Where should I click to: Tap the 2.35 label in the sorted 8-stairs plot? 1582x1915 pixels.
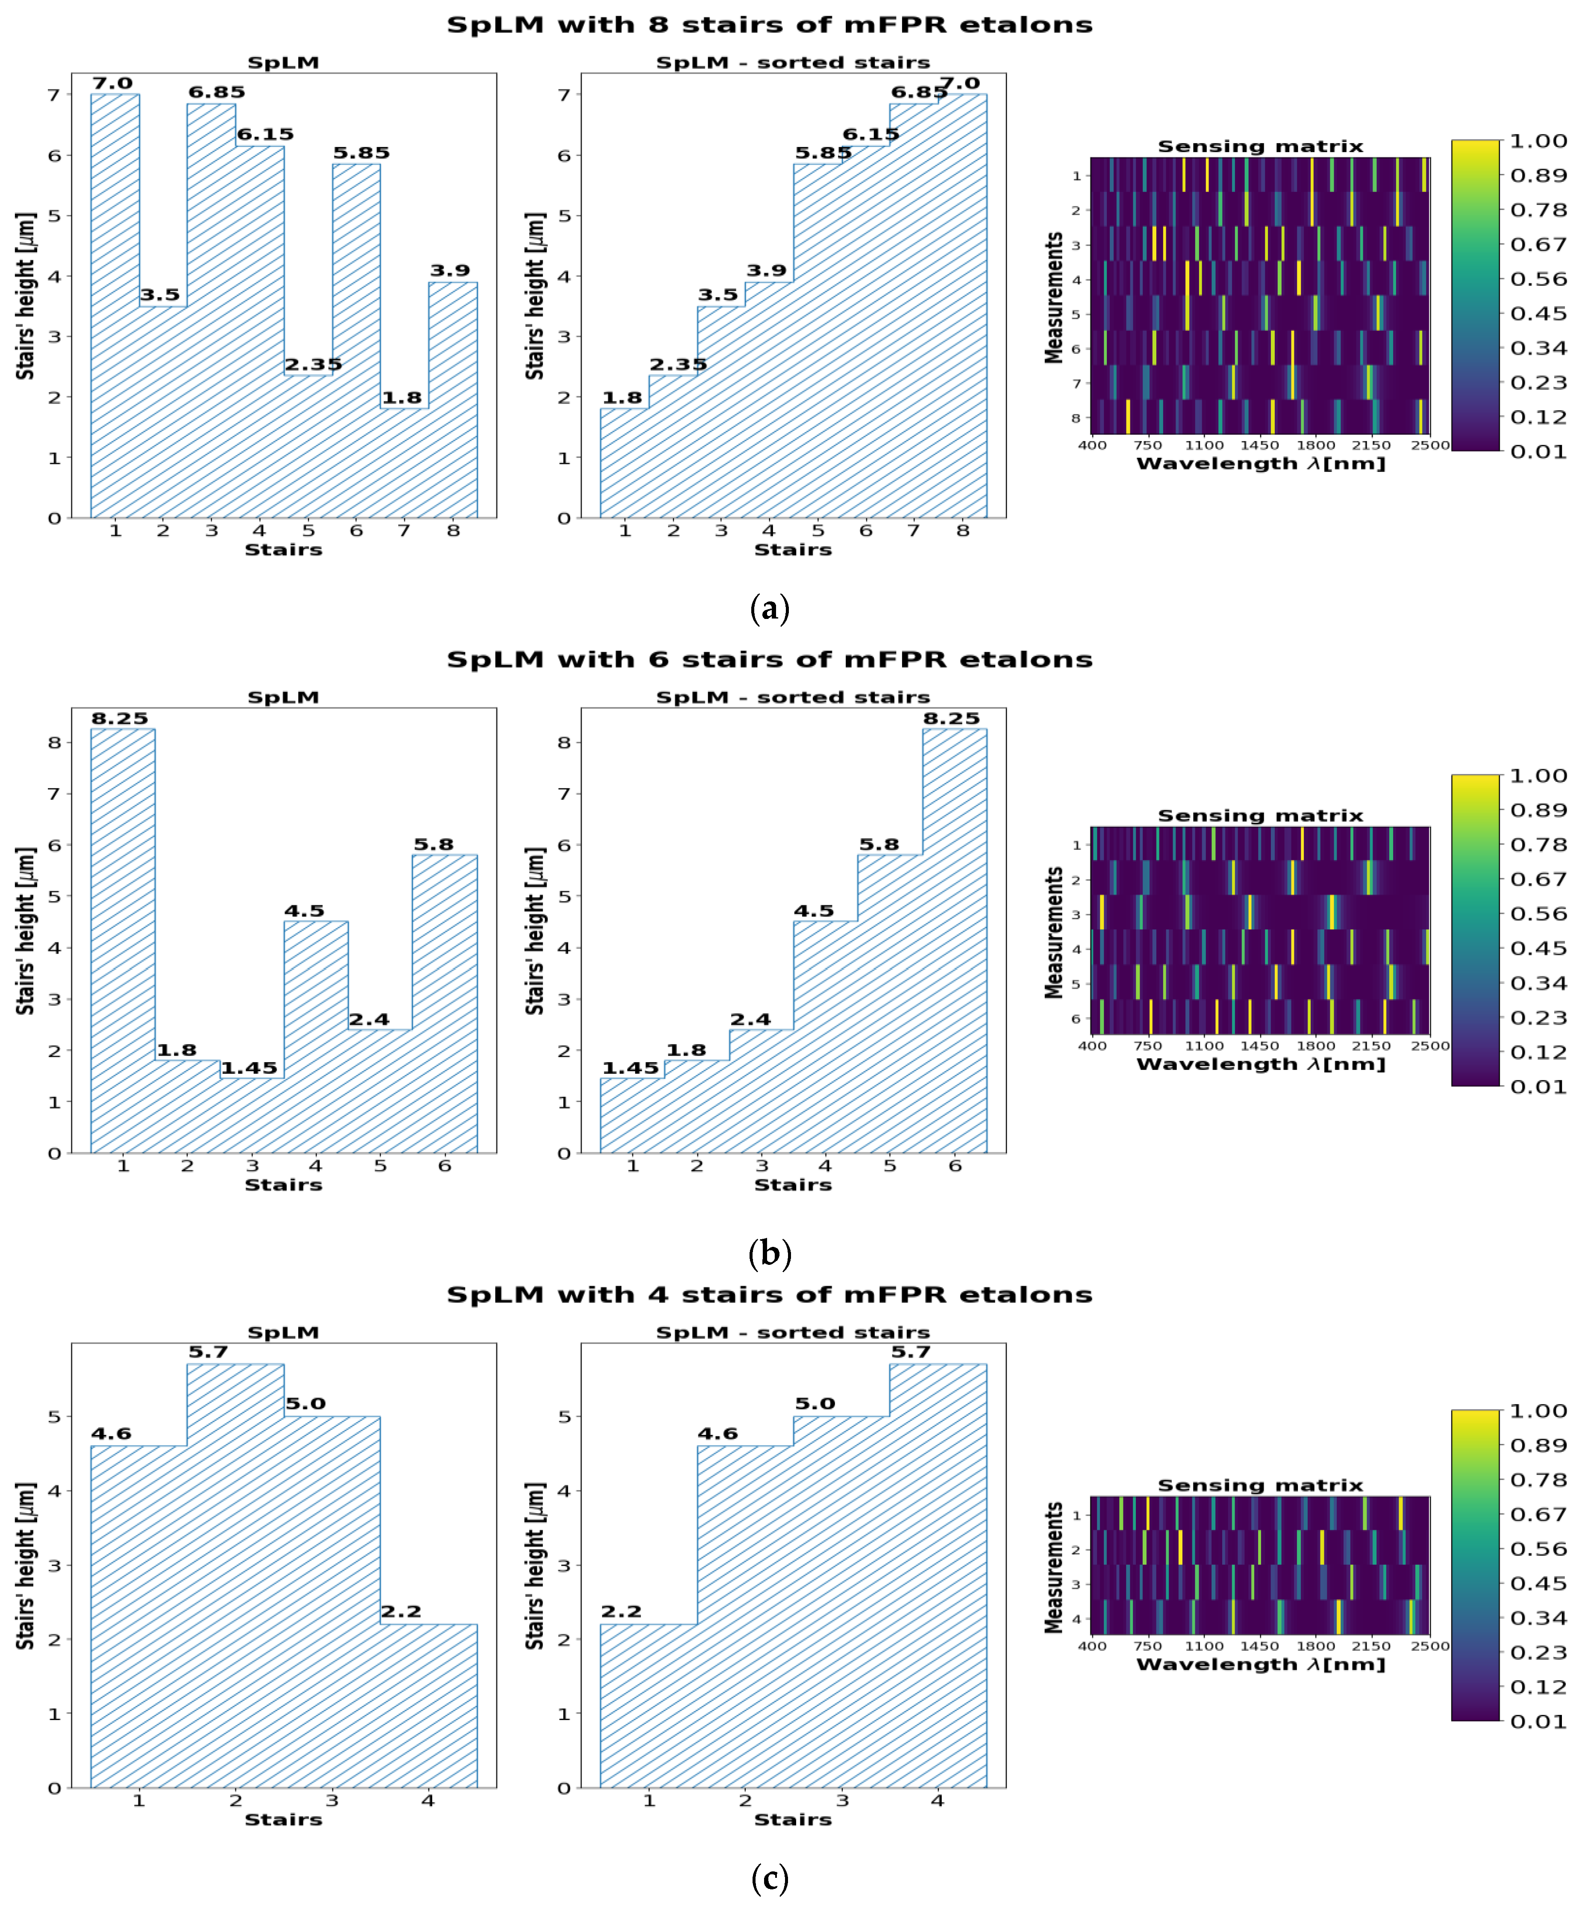click(678, 365)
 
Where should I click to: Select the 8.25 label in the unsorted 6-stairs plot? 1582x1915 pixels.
click(119, 718)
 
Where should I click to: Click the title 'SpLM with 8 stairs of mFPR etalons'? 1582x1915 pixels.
click(769, 25)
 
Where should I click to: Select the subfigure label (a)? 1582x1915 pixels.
click(769, 608)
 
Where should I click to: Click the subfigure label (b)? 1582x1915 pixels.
click(769, 1253)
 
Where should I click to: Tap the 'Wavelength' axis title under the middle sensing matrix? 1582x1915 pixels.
click(1260, 1064)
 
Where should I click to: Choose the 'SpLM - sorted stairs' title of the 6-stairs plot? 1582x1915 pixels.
click(793, 697)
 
